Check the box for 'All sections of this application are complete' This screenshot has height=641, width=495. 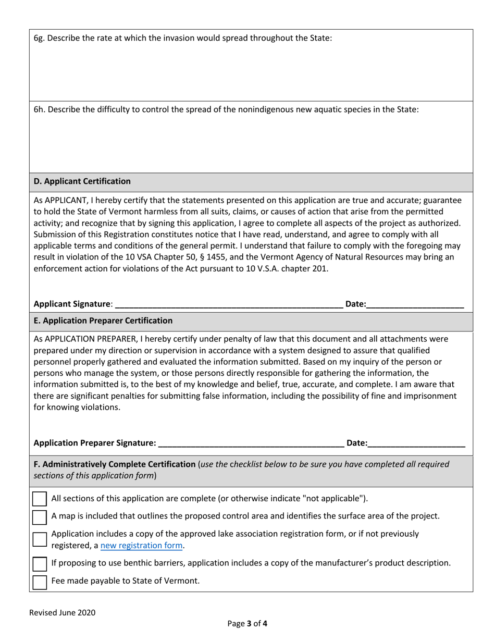(x=40, y=498)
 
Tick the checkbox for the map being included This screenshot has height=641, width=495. (x=40, y=517)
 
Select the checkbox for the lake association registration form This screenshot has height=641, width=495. (x=40, y=539)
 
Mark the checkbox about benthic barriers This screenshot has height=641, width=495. (x=40, y=563)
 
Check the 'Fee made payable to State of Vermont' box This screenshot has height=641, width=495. (x=40, y=582)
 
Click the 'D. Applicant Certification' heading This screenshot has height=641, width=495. (x=82, y=181)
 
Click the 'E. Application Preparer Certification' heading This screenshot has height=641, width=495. (x=103, y=320)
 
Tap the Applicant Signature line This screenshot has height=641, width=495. (x=228, y=304)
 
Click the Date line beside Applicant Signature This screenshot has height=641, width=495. (x=415, y=304)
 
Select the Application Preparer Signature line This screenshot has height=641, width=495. (x=250, y=443)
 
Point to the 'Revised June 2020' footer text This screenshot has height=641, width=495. (x=62, y=613)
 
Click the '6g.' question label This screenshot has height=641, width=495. (x=39, y=38)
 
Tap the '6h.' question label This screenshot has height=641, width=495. (x=39, y=110)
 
